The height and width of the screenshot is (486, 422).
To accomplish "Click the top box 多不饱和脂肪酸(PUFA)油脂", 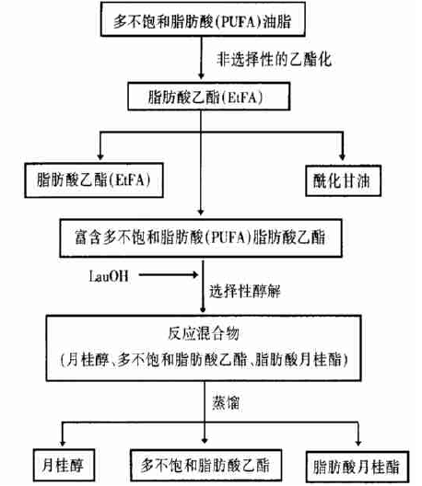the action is click(x=203, y=19).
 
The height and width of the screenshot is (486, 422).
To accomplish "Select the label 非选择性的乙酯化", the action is click(x=274, y=59).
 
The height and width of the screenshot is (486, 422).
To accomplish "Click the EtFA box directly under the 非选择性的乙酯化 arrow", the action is click(x=209, y=96).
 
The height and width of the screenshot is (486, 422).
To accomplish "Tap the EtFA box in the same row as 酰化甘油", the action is click(x=94, y=180).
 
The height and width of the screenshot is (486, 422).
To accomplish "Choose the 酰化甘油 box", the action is click(x=343, y=180).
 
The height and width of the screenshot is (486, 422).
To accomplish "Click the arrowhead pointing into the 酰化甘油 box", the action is click(x=342, y=156).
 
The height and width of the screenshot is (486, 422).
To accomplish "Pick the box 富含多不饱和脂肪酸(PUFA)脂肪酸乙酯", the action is click(x=201, y=238).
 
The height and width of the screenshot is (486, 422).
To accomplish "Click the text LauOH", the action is click(x=109, y=276).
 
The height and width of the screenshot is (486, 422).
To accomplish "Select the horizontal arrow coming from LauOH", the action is click(x=169, y=274).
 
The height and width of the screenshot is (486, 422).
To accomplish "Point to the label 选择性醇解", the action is click(x=245, y=292).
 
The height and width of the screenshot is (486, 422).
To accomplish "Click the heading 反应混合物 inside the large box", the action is click(x=204, y=334).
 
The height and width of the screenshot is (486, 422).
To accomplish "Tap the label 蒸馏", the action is click(x=226, y=403).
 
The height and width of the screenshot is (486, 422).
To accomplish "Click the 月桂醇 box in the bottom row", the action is click(x=64, y=465).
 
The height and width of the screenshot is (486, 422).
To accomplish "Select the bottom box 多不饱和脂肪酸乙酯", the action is click(x=206, y=465).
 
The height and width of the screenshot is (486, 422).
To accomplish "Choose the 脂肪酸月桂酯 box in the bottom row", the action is click(x=358, y=467).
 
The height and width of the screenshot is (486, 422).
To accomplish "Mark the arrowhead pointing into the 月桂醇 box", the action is click(x=63, y=443).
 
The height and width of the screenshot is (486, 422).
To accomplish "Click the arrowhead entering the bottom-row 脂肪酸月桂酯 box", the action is click(x=358, y=443).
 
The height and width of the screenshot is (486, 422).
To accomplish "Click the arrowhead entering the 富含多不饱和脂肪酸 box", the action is click(x=201, y=212).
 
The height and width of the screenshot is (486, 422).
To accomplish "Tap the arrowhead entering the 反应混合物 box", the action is click(x=203, y=309).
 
